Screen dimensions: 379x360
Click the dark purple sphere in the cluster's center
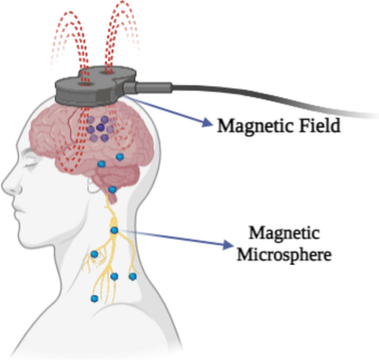pyautogui.click(x=100, y=127)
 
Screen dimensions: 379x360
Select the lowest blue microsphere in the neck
pyautogui.click(x=94, y=299)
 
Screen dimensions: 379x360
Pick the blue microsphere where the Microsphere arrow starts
pyautogui.click(x=115, y=230)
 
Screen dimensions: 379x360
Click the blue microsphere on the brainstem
pyautogui.click(x=112, y=190)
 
